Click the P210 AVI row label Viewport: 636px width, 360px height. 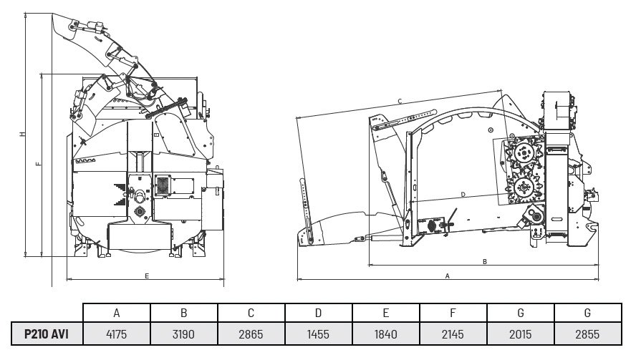(x=47, y=334)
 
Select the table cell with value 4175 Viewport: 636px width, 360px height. (x=117, y=334)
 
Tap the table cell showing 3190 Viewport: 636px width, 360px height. (x=184, y=334)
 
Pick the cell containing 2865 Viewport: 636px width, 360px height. (x=251, y=334)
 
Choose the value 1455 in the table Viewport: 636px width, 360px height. (x=319, y=334)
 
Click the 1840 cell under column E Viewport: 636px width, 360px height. (x=386, y=334)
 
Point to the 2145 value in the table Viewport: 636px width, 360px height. (x=453, y=334)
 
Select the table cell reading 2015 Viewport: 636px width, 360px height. (x=521, y=334)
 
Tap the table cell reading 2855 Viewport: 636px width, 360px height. (x=588, y=334)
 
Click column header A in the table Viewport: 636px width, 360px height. (x=117, y=313)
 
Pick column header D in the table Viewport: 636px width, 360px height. (x=319, y=313)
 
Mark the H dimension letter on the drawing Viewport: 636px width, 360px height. (x=23, y=134)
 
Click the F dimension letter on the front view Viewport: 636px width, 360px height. (x=39, y=164)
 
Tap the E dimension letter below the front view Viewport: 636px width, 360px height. (x=147, y=276)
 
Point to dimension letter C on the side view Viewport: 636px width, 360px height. (x=400, y=102)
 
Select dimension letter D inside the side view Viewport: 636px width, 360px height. (x=463, y=195)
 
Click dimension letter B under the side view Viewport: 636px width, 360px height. (x=485, y=262)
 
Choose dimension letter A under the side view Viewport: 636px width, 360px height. (x=448, y=276)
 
